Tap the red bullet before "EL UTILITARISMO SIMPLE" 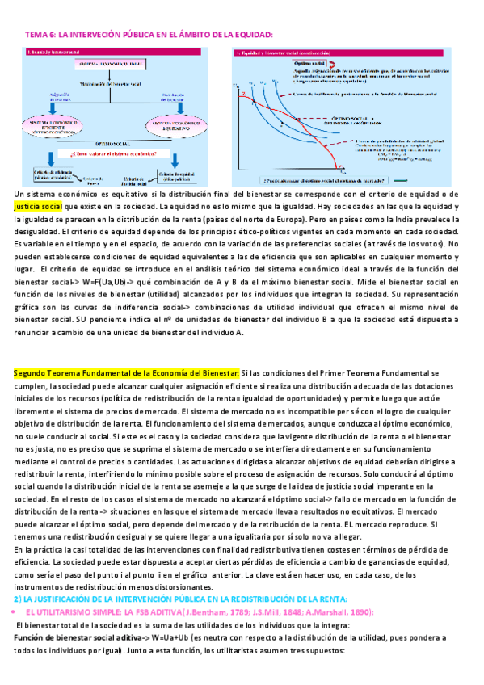17,613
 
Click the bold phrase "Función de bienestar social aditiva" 81,638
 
